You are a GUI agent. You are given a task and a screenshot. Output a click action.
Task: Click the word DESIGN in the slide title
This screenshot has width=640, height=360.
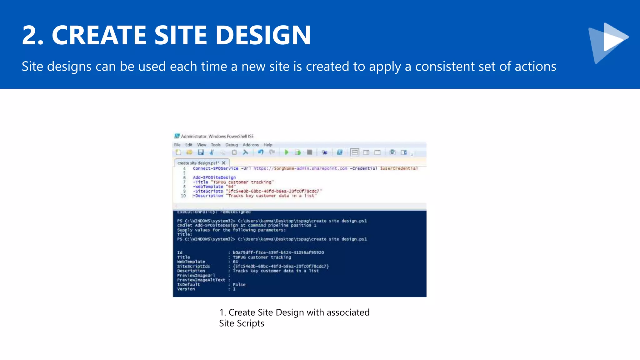[263, 35]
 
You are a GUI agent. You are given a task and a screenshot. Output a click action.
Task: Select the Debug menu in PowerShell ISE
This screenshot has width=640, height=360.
[232, 145]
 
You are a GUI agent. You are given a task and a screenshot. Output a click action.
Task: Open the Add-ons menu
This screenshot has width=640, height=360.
[251, 145]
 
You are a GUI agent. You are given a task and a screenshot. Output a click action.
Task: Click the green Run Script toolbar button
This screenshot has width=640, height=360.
[286, 152]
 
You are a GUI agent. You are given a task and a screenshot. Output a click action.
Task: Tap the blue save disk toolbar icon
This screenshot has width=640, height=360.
[201, 152]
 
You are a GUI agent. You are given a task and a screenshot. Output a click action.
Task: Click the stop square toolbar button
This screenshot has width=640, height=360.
[309, 152]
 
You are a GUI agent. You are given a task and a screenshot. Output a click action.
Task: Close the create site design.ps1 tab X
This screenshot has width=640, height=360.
[223, 163]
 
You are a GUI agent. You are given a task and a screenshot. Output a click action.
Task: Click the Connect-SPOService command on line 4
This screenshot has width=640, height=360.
[215, 168]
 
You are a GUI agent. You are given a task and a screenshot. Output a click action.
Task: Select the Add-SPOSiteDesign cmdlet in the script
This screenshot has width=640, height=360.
[214, 177]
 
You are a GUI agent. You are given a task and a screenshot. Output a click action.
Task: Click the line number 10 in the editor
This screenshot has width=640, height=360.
[183, 196]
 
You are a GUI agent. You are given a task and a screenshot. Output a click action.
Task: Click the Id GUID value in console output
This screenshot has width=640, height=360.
[278, 252]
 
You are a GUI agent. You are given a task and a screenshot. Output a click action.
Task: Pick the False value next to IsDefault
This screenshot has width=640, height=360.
[239, 285]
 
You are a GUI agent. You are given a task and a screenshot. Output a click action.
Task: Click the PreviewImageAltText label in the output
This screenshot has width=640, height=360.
[201, 280]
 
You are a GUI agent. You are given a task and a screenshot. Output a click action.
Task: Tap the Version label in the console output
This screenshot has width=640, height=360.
[186, 289]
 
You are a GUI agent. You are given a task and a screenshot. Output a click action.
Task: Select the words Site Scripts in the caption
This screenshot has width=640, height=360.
[242, 323]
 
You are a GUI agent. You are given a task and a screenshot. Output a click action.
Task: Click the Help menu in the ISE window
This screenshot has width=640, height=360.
[268, 145]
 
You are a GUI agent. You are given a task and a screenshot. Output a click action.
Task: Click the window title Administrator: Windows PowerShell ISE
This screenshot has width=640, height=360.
[217, 136]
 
